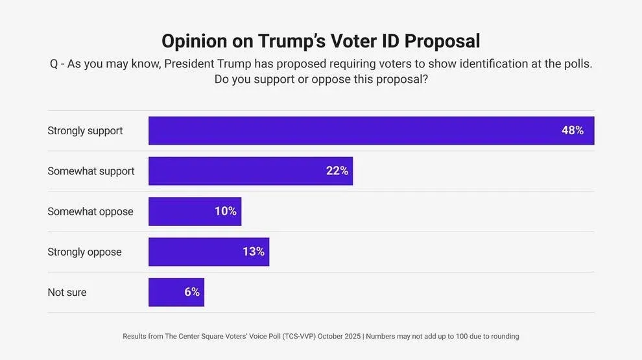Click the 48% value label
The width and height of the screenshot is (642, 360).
pos(572,130)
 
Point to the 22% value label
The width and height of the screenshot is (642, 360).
pos(337,171)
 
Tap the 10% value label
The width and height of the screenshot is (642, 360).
pos(225,211)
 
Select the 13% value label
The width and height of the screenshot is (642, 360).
pos(253,252)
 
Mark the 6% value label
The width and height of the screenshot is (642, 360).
pos(191,292)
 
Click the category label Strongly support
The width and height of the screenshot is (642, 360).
pos(85,130)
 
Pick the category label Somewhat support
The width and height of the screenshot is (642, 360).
pos(91,171)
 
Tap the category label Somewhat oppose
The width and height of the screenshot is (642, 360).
pos(90,211)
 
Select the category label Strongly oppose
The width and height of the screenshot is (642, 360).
pos(84,252)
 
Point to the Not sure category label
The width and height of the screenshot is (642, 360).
pos(67,292)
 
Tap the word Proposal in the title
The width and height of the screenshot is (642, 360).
pos(442,41)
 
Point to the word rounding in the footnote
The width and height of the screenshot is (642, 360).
pos(505,337)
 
